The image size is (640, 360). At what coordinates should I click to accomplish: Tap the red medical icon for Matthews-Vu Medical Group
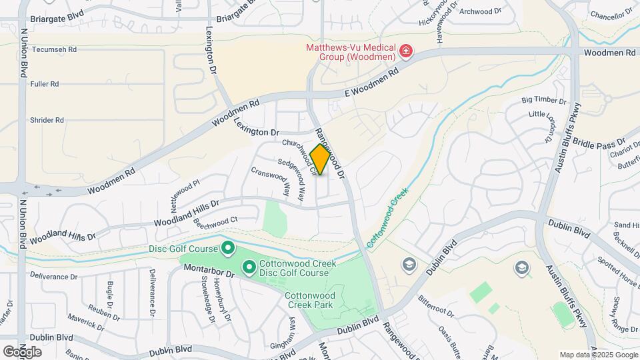click(405, 51)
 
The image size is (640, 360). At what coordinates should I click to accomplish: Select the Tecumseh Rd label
click(55, 49)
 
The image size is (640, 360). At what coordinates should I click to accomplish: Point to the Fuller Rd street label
click(45, 84)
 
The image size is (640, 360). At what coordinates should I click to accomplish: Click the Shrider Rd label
click(47, 120)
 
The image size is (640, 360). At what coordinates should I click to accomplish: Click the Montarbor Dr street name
click(208, 273)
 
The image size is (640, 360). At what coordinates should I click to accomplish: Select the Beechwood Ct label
click(215, 219)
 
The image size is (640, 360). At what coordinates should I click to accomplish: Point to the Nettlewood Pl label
click(185, 191)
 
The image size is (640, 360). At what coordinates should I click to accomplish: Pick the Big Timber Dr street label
click(543, 101)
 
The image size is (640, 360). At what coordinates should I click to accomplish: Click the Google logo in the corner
click(23, 351)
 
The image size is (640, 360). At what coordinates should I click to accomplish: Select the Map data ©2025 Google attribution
click(598, 355)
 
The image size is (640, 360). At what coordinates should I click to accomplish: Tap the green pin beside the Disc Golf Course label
click(227, 249)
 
